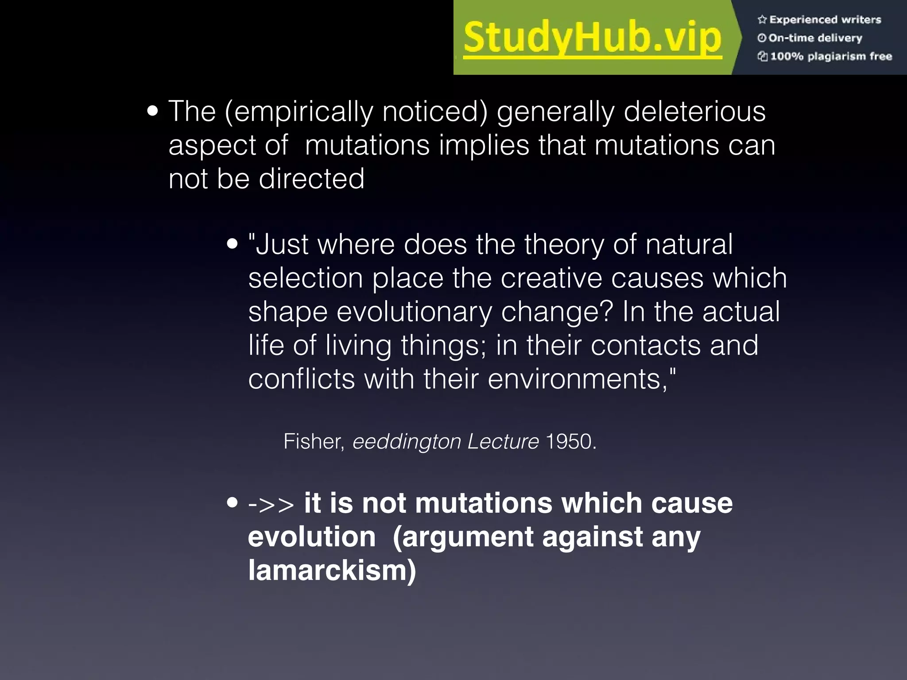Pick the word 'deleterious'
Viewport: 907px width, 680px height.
pos(694,112)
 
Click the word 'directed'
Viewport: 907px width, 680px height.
pos(311,179)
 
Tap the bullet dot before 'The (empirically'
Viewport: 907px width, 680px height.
pos(152,112)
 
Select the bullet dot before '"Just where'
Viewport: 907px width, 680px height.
pos(232,244)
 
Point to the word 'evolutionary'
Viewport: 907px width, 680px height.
pos(414,312)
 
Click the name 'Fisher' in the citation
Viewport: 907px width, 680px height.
pos(313,441)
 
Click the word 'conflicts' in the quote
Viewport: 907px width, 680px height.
pos(301,379)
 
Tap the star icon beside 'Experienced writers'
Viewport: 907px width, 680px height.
pos(762,19)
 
